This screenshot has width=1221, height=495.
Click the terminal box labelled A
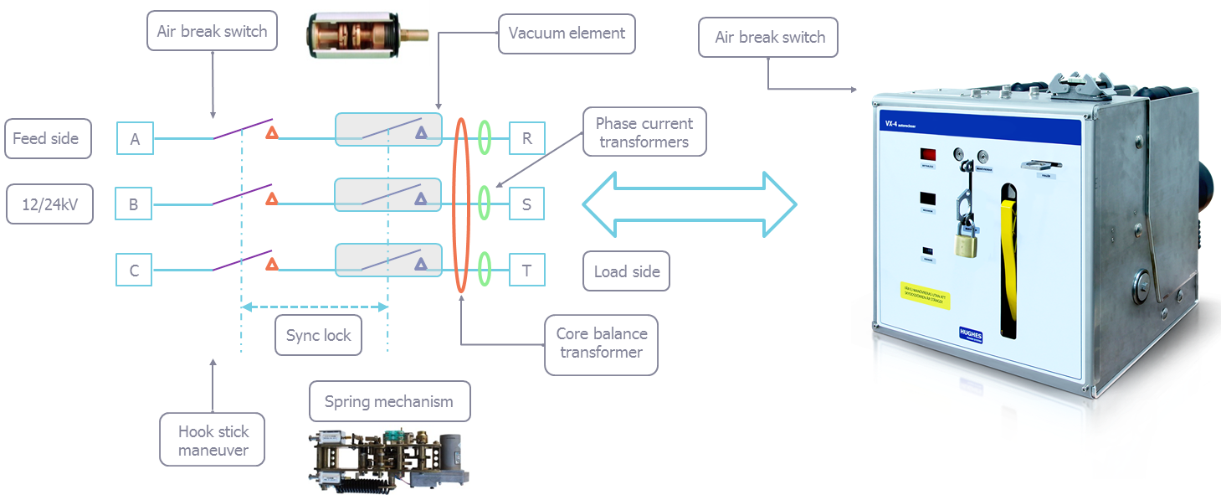click(135, 138)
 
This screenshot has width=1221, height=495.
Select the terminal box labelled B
click(135, 204)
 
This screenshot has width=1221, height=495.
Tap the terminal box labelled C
click(135, 271)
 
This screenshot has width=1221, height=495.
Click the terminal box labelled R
click(526, 138)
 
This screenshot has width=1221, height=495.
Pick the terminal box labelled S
click(526, 204)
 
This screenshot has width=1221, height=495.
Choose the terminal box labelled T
click(526, 271)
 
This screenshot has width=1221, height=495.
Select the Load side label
click(626, 271)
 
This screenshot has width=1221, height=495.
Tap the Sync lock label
click(318, 336)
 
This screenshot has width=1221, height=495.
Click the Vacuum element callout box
click(567, 35)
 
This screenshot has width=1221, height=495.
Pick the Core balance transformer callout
click(600, 343)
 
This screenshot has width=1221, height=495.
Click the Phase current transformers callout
click(643, 132)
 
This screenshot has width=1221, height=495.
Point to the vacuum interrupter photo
click(367, 34)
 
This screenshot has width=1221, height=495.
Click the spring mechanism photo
click(389, 459)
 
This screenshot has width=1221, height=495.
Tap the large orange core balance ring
click(461, 204)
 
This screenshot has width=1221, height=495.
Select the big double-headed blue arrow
click(690, 204)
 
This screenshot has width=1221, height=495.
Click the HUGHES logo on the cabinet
click(971, 333)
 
